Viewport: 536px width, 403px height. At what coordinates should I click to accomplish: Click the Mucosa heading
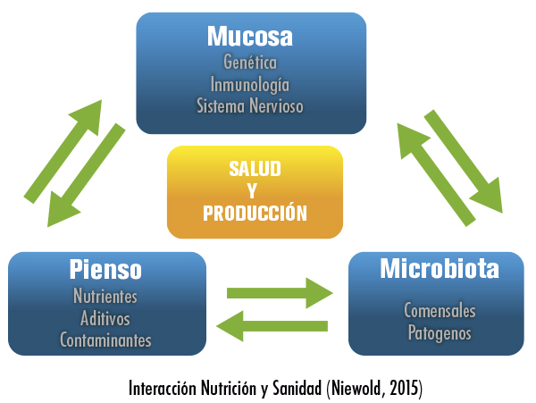tap(250, 37)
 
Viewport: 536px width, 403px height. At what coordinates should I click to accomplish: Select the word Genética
tap(250, 63)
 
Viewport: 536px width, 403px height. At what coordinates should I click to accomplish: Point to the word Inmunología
tap(250, 85)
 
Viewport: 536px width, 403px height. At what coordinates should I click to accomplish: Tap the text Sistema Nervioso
tap(250, 105)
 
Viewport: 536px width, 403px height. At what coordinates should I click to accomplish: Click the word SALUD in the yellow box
tap(255, 169)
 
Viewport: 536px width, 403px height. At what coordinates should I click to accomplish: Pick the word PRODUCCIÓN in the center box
tap(255, 213)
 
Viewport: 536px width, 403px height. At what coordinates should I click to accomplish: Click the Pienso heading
tap(105, 269)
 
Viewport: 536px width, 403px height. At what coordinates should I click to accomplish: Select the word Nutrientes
tap(105, 296)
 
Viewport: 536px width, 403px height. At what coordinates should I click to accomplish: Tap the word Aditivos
tap(105, 319)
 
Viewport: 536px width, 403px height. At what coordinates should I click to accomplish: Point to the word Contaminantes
tap(105, 340)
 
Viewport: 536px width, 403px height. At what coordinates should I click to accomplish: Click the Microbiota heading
tap(440, 269)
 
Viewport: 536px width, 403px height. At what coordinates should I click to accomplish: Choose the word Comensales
tap(440, 311)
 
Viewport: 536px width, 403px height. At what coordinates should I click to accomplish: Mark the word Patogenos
tap(440, 333)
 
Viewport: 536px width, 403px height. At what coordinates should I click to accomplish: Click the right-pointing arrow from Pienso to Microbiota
tap(280, 293)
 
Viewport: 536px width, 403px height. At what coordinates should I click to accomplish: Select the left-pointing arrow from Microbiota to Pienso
tap(272, 326)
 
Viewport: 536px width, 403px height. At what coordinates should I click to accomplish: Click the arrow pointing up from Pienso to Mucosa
tap(63, 151)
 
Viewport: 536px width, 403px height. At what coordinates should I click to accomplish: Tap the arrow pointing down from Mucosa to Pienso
tap(86, 175)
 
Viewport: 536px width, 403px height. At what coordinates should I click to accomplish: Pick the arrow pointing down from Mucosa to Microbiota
tap(464, 162)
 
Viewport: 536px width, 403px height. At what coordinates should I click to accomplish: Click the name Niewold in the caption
tap(357, 389)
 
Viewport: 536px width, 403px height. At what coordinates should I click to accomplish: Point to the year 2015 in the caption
tap(404, 389)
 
